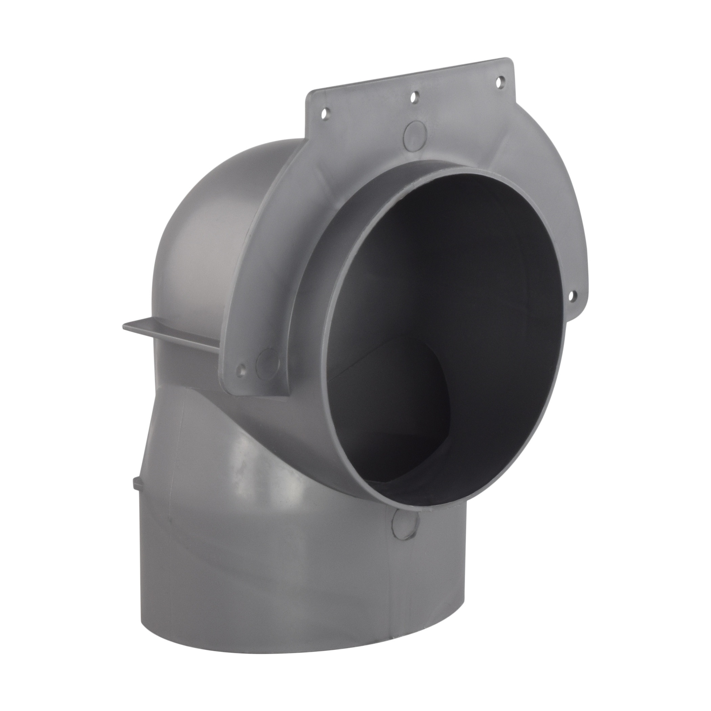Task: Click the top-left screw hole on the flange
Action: coord(325,114)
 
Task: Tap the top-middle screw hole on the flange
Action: coord(415,96)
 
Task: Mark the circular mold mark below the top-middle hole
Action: coord(413,132)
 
